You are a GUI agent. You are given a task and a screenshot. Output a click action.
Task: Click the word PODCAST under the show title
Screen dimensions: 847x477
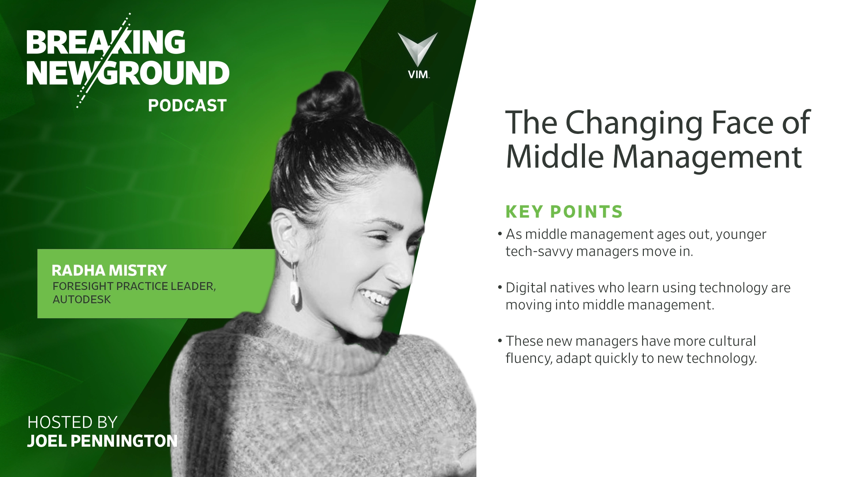point(187,106)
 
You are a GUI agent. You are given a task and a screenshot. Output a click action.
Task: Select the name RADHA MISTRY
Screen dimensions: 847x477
point(109,271)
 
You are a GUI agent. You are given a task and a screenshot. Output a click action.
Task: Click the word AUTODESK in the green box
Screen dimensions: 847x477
point(82,299)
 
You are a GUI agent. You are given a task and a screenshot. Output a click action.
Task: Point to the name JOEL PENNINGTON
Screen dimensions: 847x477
point(102,441)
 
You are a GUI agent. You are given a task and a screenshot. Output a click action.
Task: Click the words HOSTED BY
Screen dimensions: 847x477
point(72,422)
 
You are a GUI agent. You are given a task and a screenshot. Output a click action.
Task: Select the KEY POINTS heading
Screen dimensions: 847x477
point(564,212)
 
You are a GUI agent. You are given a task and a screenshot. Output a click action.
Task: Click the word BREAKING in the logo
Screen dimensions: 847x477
point(106,42)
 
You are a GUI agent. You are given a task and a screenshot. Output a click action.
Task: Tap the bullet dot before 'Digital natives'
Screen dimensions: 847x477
point(500,287)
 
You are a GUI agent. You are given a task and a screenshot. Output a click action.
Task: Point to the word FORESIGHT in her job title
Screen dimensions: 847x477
point(83,286)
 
